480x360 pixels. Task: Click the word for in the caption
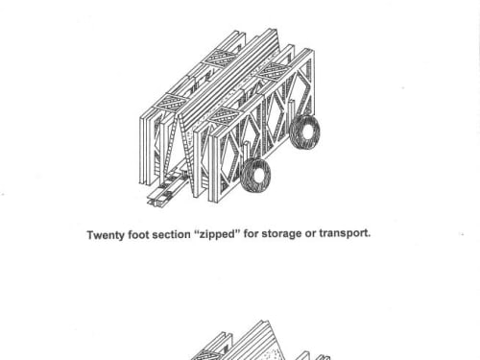251,233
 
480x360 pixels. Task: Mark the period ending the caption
369,236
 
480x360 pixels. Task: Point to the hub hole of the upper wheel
307,132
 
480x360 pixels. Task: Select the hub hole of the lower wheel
258,176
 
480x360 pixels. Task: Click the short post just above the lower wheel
246,152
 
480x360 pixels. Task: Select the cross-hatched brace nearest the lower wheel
222,116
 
